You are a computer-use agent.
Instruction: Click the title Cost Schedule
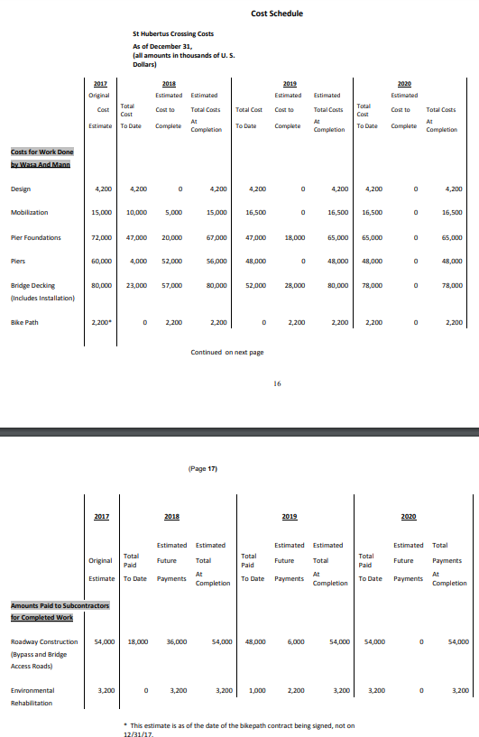point(277,14)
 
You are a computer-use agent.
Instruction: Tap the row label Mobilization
point(30,213)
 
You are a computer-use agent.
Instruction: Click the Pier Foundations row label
point(37,238)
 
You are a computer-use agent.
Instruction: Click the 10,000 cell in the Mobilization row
point(137,213)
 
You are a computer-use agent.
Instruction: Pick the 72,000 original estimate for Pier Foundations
point(102,238)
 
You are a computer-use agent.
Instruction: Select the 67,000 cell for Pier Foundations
point(216,238)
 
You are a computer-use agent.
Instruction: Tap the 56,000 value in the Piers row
point(216,262)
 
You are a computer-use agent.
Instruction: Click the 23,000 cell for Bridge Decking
point(137,285)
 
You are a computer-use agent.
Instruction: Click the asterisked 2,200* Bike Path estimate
point(102,321)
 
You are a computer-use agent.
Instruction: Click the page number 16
point(279,383)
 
